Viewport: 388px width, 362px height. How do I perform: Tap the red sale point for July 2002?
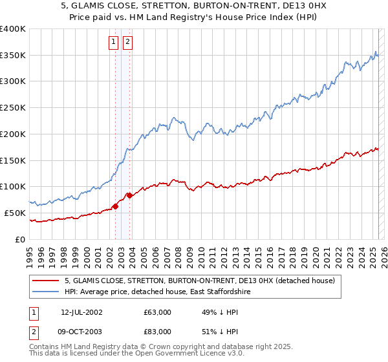point(116,206)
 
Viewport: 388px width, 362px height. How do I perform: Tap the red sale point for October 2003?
point(130,195)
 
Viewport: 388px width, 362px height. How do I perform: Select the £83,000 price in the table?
point(158,332)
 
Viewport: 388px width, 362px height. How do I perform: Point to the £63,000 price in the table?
point(158,312)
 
